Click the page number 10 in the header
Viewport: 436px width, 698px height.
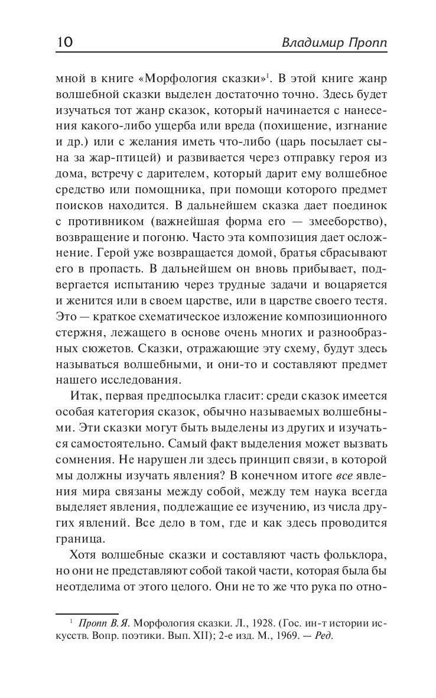click(x=64, y=43)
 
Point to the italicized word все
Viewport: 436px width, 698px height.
click(x=343, y=476)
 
